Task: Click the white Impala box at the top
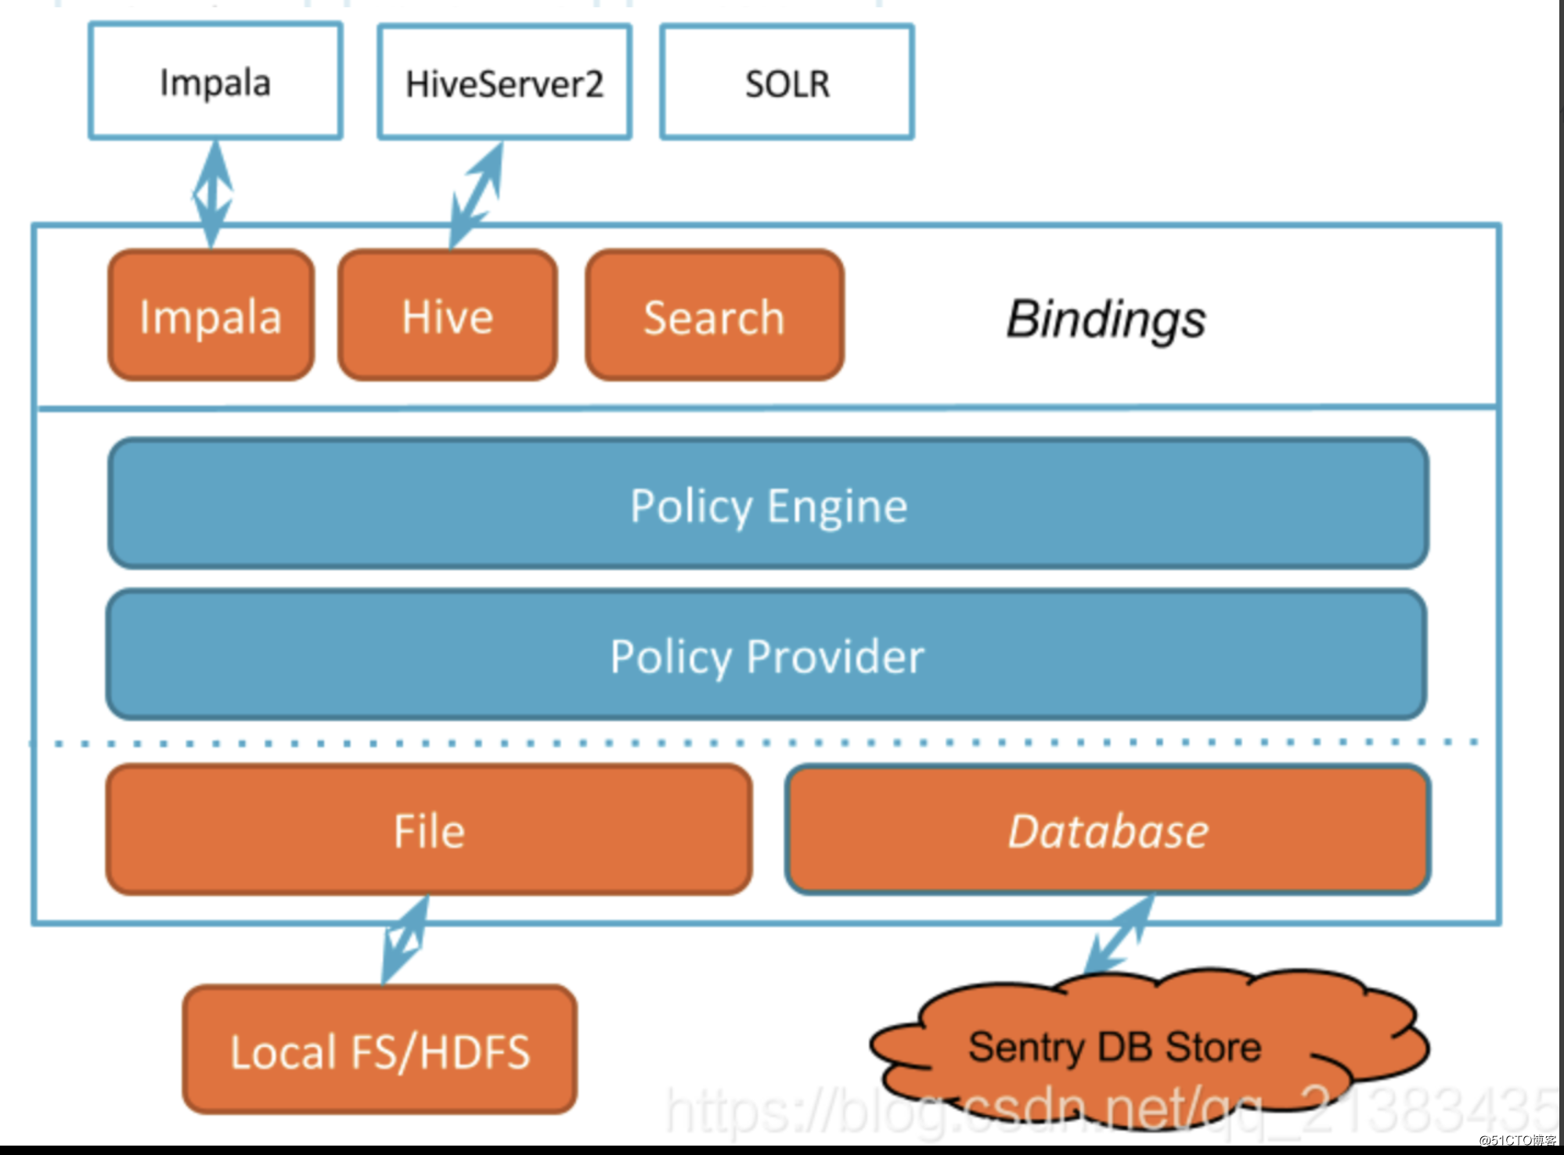tap(215, 81)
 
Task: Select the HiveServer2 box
tap(504, 82)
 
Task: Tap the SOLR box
tap(787, 82)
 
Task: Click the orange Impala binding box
tap(211, 316)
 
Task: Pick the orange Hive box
tap(448, 316)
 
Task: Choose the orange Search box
tap(714, 316)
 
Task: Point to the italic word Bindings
tap(1105, 319)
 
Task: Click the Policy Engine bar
tap(768, 505)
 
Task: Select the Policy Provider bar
tap(766, 656)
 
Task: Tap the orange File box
tap(429, 830)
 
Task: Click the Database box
tap(1108, 830)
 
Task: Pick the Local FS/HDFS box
tap(380, 1050)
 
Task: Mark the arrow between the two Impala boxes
tap(213, 194)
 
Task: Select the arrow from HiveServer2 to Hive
tap(476, 196)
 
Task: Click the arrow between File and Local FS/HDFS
tap(405, 939)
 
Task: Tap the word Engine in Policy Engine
tap(837, 506)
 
